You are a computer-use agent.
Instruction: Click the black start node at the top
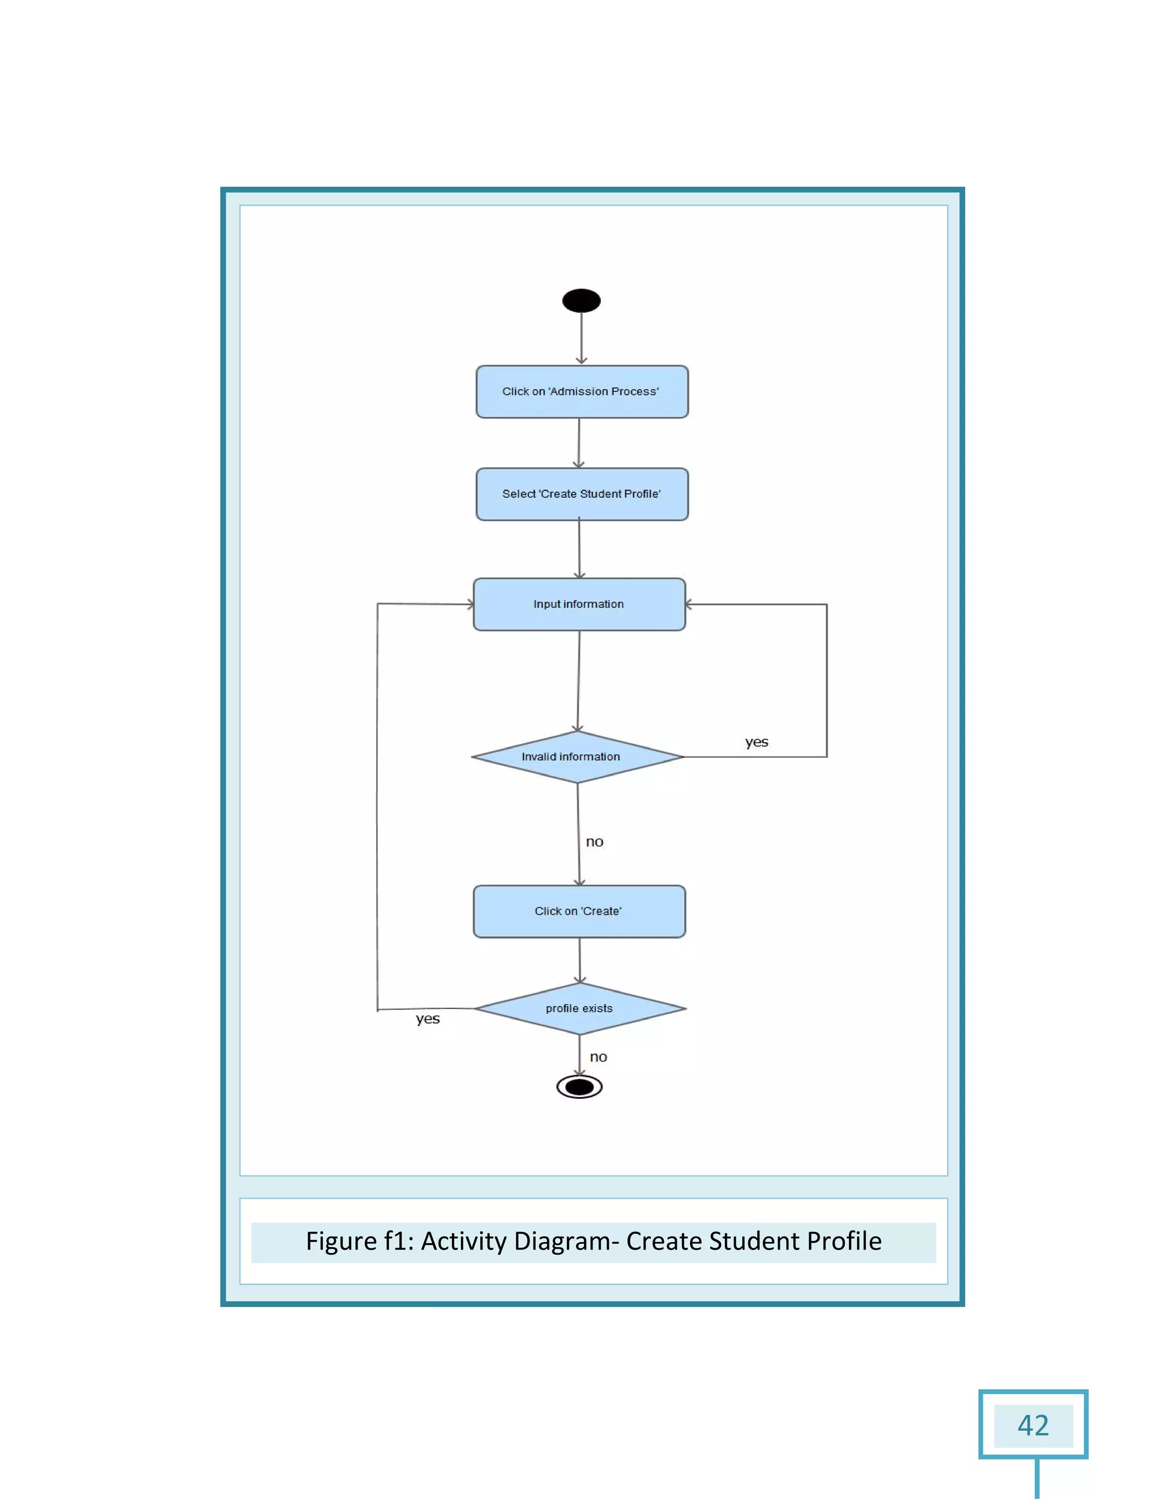(x=581, y=300)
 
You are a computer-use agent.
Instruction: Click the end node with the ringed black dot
(x=579, y=1086)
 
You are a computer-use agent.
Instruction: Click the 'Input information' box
(x=579, y=604)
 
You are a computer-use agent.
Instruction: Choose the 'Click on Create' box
(x=579, y=911)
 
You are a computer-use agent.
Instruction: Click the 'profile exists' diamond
(x=579, y=1008)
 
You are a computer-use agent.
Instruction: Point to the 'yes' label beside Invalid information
(x=756, y=742)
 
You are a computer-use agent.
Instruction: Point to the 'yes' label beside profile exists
(x=428, y=1018)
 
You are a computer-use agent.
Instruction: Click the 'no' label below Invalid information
(x=594, y=842)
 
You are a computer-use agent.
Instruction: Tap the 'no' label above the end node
(x=598, y=1057)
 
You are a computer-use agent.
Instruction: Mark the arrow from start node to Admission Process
(x=581, y=338)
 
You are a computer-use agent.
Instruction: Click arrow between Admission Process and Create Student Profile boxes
(x=579, y=444)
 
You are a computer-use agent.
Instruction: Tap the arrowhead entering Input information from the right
(x=689, y=605)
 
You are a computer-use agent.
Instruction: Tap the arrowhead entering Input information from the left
(x=471, y=605)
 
